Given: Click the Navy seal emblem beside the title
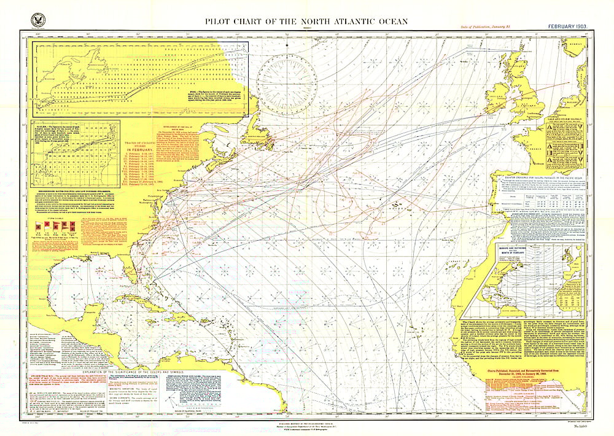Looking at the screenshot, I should tap(36, 20).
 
